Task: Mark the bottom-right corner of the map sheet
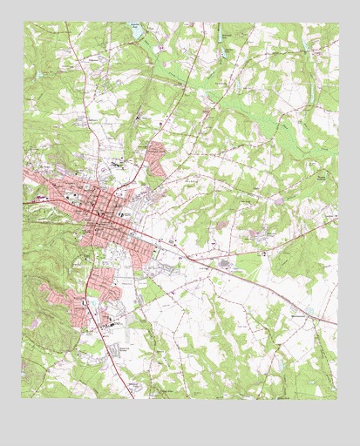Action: click(337, 399)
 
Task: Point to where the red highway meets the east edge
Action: click(336, 323)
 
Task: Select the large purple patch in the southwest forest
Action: click(36, 323)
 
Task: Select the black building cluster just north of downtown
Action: click(116, 163)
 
